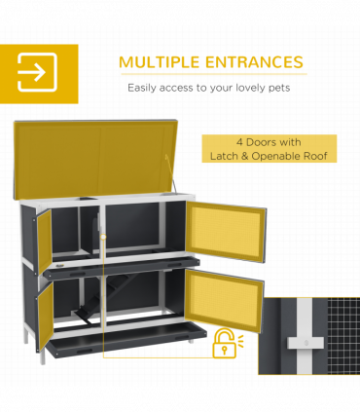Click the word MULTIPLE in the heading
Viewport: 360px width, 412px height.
159,62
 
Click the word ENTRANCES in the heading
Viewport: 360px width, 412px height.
254,62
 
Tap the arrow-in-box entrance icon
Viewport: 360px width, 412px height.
37,72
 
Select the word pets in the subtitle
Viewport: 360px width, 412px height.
279,88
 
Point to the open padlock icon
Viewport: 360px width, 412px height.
225,343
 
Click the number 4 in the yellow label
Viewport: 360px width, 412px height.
239,142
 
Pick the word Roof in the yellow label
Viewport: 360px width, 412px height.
315,156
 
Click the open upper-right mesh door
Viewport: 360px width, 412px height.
227,231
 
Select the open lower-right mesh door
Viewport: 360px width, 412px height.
224,300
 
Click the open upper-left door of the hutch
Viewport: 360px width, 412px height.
43,242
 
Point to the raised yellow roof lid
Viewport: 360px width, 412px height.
95,159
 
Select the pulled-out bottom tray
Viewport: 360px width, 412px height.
126,340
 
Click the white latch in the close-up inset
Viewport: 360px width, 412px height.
306,343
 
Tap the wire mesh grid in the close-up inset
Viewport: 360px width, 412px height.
343,336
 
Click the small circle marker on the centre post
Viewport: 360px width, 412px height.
103,237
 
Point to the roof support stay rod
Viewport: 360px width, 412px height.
170,173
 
